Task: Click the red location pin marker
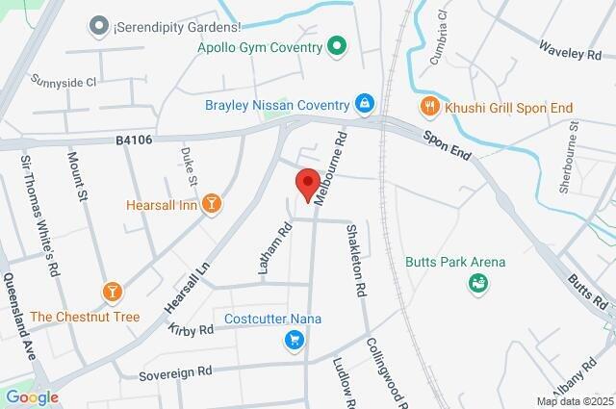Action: click(x=307, y=184)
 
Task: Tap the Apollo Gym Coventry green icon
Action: click(x=336, y=45)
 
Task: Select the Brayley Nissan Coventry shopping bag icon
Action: click(x=365, y=103)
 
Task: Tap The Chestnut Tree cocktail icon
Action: click(x=112, y=291)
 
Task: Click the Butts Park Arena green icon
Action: click(x=475, y=283)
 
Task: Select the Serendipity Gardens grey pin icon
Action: click(x=98, y=26)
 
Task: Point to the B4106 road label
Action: click(x=134, y=141)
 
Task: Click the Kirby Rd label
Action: click(x=190, y=330)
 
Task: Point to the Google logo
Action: click(x=32, y=396)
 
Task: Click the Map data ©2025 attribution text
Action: click(x=575, y=401)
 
